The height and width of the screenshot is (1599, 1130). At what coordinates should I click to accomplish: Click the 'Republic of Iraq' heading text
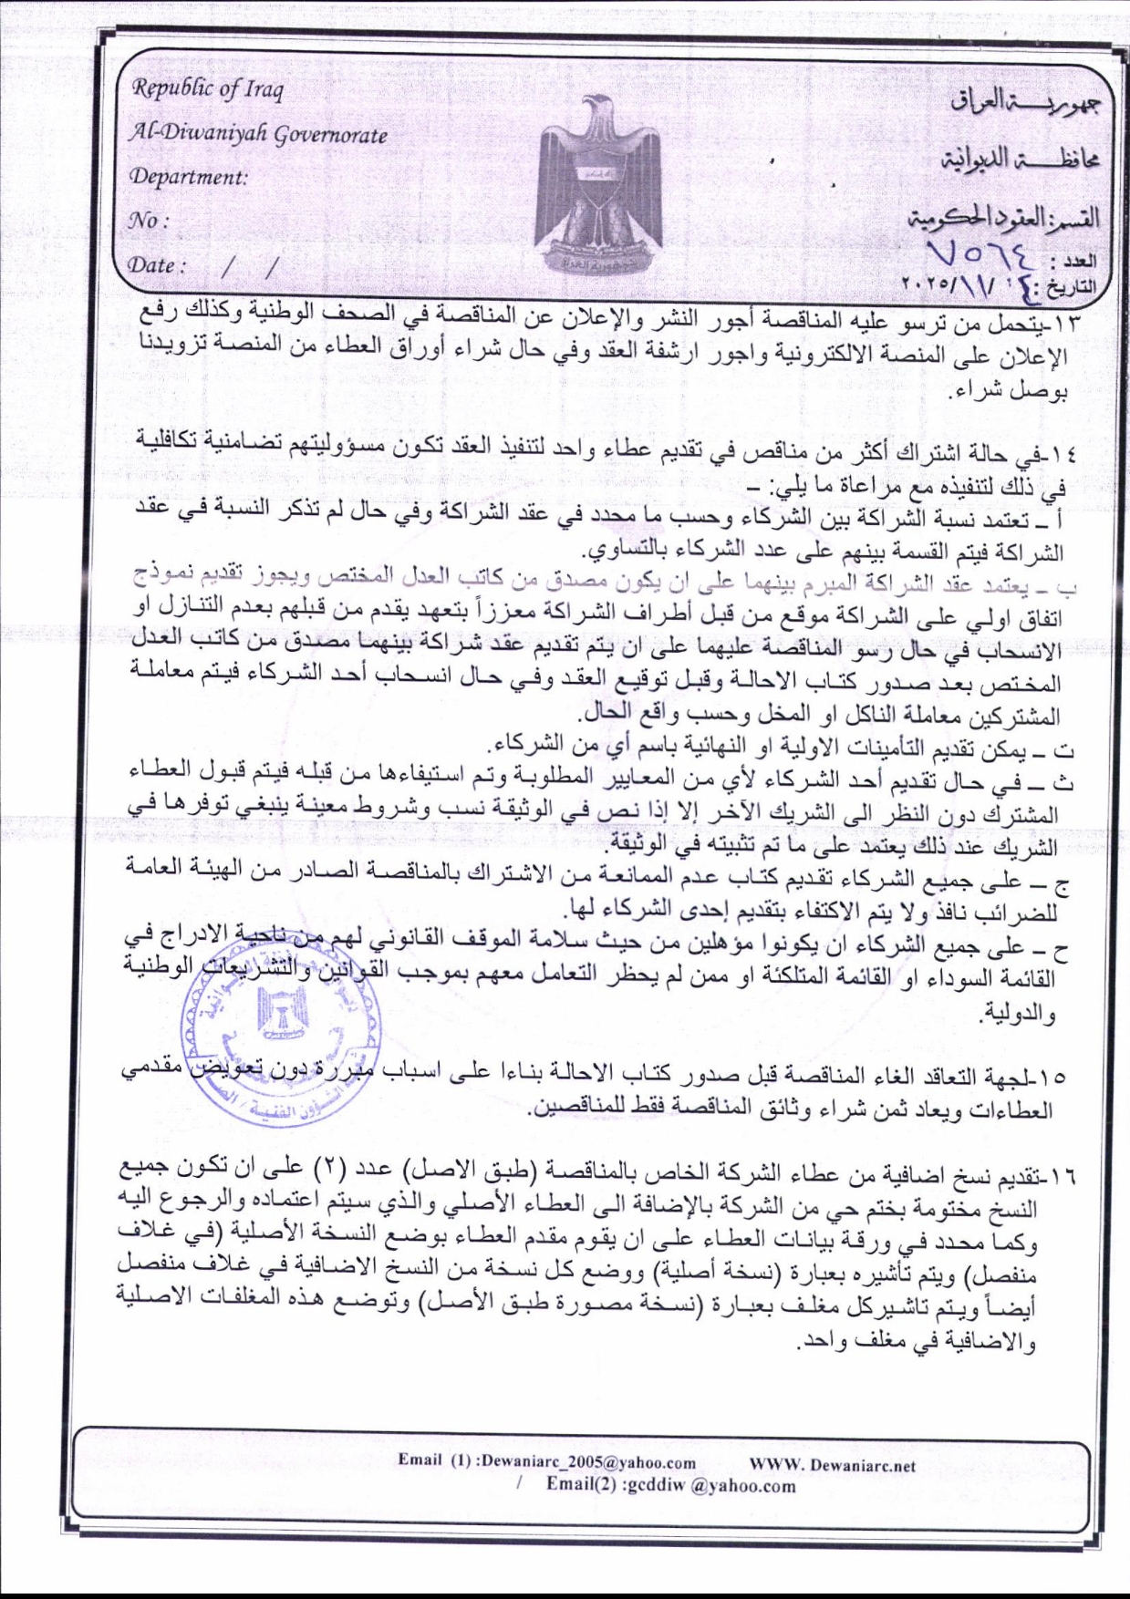pyautogui.click(x=209, y=89)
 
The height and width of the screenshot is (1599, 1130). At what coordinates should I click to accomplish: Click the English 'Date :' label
pyautogui.click(x=158, y=265)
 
